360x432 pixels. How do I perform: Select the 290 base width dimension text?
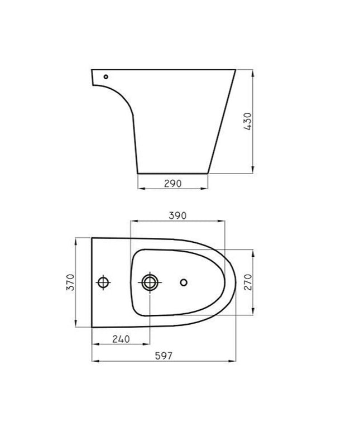click(172, 183)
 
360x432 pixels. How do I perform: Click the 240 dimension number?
click(121, 339)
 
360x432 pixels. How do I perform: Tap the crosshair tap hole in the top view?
click(103, 282)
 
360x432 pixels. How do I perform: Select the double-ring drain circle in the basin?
click(149, 282)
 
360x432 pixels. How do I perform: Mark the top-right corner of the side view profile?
click(236, 70)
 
